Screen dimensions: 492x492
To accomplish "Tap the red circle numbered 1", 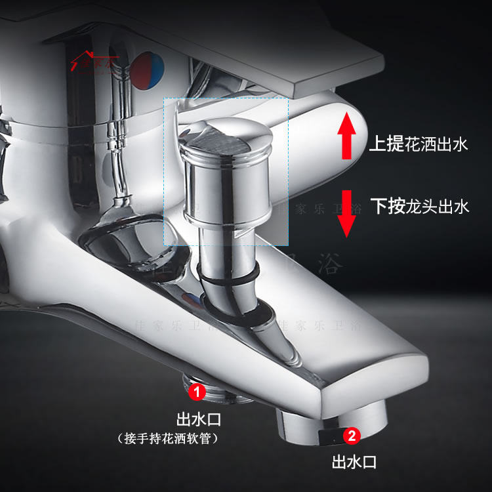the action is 197,393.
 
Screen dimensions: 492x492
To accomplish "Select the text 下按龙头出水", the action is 420,207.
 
